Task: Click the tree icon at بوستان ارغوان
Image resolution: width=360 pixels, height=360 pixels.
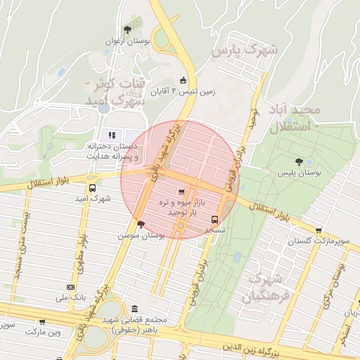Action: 127,30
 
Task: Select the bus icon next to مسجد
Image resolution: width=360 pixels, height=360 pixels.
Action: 225,219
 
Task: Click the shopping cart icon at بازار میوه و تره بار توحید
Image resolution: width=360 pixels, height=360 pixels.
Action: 182,191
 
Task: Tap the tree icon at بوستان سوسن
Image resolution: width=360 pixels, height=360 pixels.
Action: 141,224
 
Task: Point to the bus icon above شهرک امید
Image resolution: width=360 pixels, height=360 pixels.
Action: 92,188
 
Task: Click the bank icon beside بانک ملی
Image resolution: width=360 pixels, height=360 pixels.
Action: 70,287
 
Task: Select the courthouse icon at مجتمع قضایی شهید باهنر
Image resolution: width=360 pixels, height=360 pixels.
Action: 134,309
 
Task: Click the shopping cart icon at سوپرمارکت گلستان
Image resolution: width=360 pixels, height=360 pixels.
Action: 319,230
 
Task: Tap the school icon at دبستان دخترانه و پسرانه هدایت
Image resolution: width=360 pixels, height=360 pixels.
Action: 110,135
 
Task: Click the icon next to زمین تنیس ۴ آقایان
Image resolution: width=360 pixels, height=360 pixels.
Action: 184,80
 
